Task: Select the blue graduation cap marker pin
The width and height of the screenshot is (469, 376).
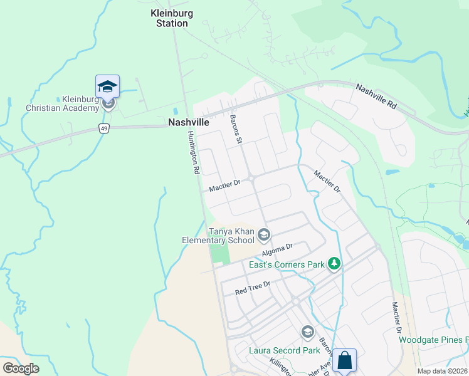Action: point(107,87)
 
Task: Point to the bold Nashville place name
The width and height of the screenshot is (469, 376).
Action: point(188,123)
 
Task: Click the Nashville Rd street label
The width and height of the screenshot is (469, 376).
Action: point(376,97)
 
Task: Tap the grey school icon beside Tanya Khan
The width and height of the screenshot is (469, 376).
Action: point(264,235)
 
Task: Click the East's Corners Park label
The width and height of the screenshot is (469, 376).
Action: point(287,264)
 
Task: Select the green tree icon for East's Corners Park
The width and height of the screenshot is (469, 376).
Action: point(334,264)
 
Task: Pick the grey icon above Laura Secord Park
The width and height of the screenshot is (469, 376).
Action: point(307,332)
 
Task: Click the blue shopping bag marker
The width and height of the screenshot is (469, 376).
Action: point(344,360)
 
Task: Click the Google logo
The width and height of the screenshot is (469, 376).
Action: point(21,368)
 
